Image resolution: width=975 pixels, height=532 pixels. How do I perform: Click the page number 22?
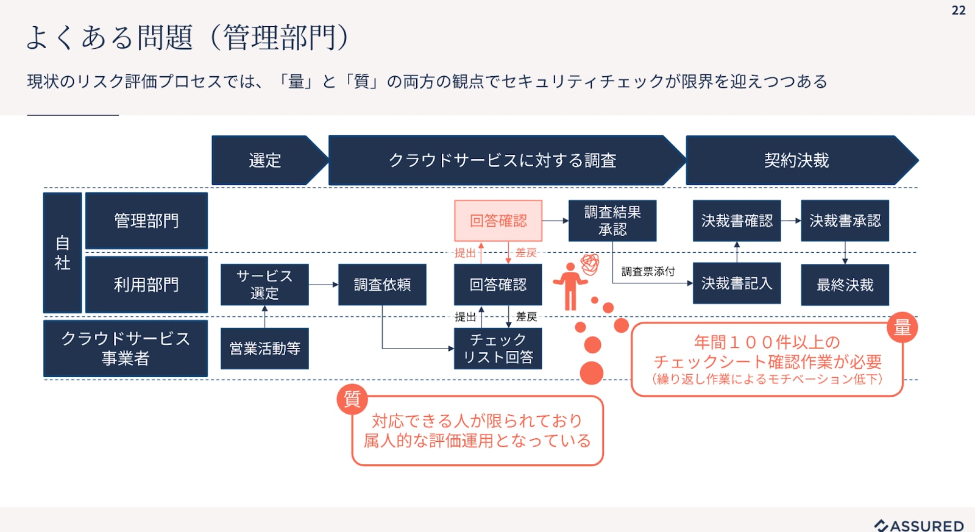pyautogui.click(x=958, y=10)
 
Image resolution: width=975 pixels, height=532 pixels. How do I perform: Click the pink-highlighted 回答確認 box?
pyautogui.click(x=498, y=221)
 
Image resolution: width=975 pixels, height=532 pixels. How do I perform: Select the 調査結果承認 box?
pyautogui.click(x=612, y=221)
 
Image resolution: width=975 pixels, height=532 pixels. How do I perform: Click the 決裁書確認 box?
pyautogui.click(x=737, y=221)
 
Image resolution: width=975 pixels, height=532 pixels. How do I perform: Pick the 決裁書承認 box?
pyautogui.click(x=845, y=221)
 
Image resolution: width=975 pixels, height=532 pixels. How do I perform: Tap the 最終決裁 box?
pyautogui.click(x=845, y=285)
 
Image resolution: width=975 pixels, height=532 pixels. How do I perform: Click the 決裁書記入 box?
pyautogui.click(x=737, y=283)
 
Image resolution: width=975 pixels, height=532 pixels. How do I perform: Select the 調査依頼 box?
pyautogui.click(x=382, y=285)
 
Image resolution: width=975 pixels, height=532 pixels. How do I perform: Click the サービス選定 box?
pyautogui.click(x=264, y=285)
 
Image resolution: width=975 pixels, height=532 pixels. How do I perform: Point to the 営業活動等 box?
pyautogui.click(x=264, y=349)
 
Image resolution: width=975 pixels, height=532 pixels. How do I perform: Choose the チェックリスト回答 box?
pyautogui.click(x=498, y=349)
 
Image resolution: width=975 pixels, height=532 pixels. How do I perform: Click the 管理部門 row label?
pyautogui.click(x=146, y=221)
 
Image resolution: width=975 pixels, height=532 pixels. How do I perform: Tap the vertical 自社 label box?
pyautogui.click(x=62, y=253)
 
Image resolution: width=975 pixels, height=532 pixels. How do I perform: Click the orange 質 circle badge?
pyautogui.click(x=352, y=399)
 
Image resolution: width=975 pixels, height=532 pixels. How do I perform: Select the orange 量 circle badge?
pyautogui.click(x=902, y=328)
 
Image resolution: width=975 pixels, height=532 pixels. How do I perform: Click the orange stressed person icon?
pyautogui.click(x=570, y=285)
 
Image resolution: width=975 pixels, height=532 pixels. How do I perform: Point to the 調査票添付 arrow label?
pyautogui.click(x=648, y=272)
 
